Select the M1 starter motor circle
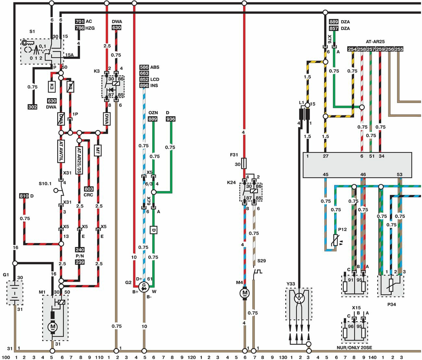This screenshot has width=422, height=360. [x=53, y=327]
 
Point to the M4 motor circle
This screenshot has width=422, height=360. [x=244, y=293]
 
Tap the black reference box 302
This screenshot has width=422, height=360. [x=32, y=107]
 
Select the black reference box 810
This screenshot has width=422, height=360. [x=24, y=196]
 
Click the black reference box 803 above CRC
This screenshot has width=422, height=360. [x=89, y=189]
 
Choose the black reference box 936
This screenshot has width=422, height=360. [x=170, y=119]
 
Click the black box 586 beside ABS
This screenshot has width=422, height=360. [x=144, y=67]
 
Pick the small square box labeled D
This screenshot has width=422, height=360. [x=153, y=230]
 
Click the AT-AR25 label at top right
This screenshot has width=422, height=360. [x=375, y=42]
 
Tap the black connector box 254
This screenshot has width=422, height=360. [x=352, y=49]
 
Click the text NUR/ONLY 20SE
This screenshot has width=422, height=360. [x=354, y=348]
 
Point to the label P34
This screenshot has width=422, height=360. [x=391, y=304]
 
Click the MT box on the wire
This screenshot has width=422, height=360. [x=97, y=151]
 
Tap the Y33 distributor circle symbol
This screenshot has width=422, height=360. [x=299, y=298]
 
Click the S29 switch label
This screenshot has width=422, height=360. [x=261, y=261]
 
